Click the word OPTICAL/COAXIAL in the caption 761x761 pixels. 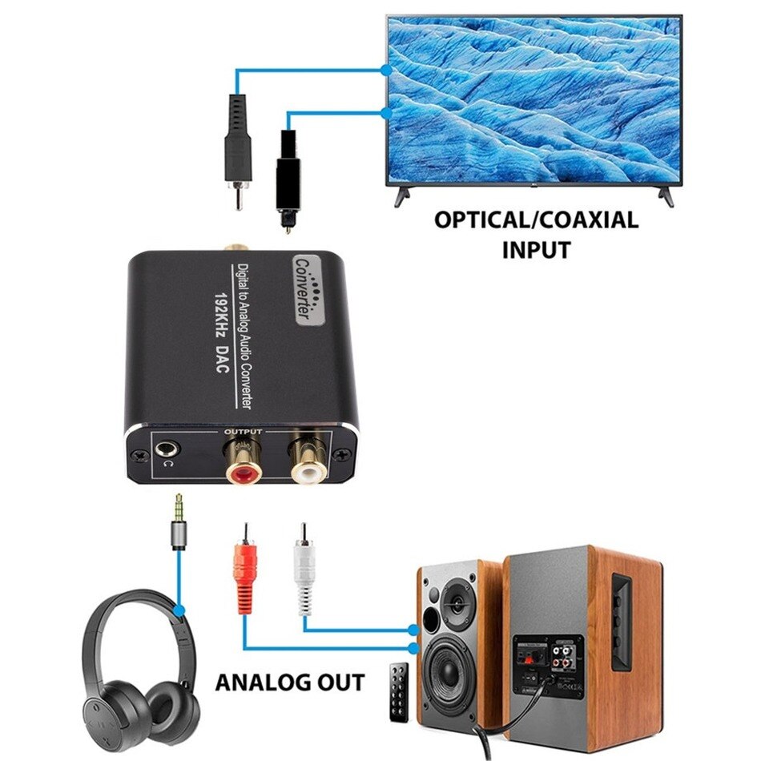536,220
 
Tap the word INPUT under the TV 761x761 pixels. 536,249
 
